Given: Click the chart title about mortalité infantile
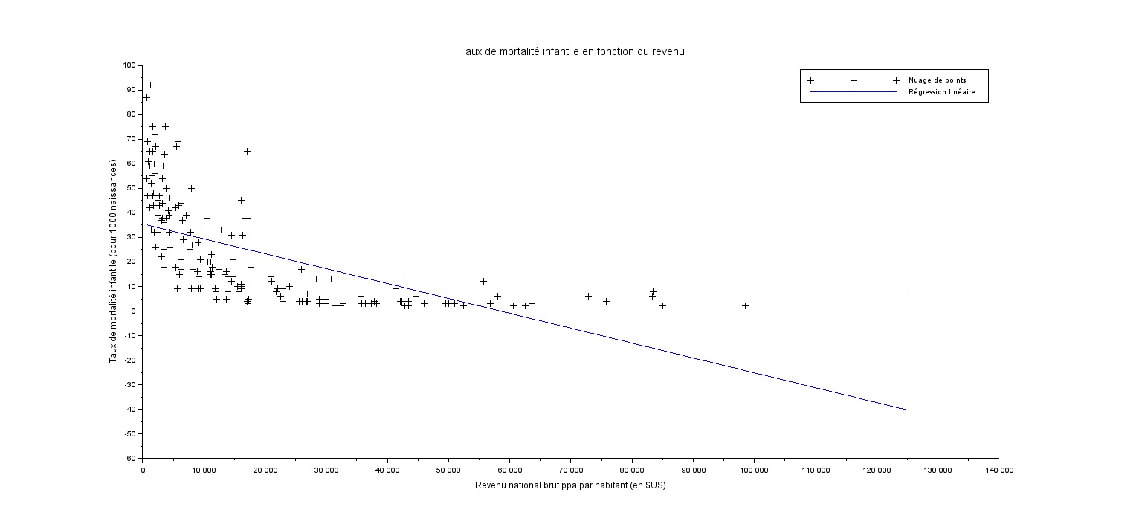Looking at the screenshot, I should tap(571, 52).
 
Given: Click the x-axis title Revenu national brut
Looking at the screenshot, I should tap(570, 486).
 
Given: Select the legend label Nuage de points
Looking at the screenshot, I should tap(937, 80).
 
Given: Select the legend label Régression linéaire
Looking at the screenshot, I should tap(941, 92).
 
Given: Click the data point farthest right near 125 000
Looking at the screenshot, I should tap(906, 294).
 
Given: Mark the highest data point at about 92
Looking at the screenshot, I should tap(150, 85).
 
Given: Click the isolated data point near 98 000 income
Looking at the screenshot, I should tap(745, 305).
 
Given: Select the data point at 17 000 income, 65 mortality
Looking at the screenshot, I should tap(247, 151).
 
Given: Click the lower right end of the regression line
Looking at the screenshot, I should tap(906, 410).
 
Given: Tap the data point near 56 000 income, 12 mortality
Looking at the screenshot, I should tap(483, 281).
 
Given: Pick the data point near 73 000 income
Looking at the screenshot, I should tap(588, 296).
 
